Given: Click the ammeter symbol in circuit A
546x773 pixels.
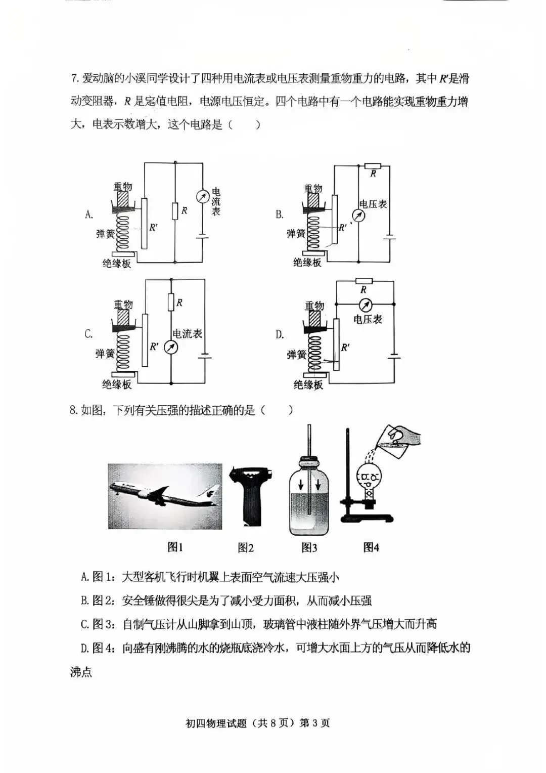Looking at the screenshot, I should click(203, 196).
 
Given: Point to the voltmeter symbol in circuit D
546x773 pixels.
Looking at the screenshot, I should click(365, 305).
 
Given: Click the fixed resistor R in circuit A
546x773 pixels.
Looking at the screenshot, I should click(175, 210).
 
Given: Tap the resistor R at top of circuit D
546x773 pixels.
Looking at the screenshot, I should click(363, 281).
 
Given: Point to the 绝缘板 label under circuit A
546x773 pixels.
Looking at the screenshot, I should click(117, 264).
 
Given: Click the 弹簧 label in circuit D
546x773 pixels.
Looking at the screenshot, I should click(297, 355).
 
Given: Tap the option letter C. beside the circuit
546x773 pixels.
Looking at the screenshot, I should click(88, 334).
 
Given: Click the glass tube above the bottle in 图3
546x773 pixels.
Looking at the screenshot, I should click(308, 440).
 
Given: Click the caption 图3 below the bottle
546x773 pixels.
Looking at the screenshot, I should click(309, 547).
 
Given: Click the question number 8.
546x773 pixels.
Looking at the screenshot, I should click(74, 410).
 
